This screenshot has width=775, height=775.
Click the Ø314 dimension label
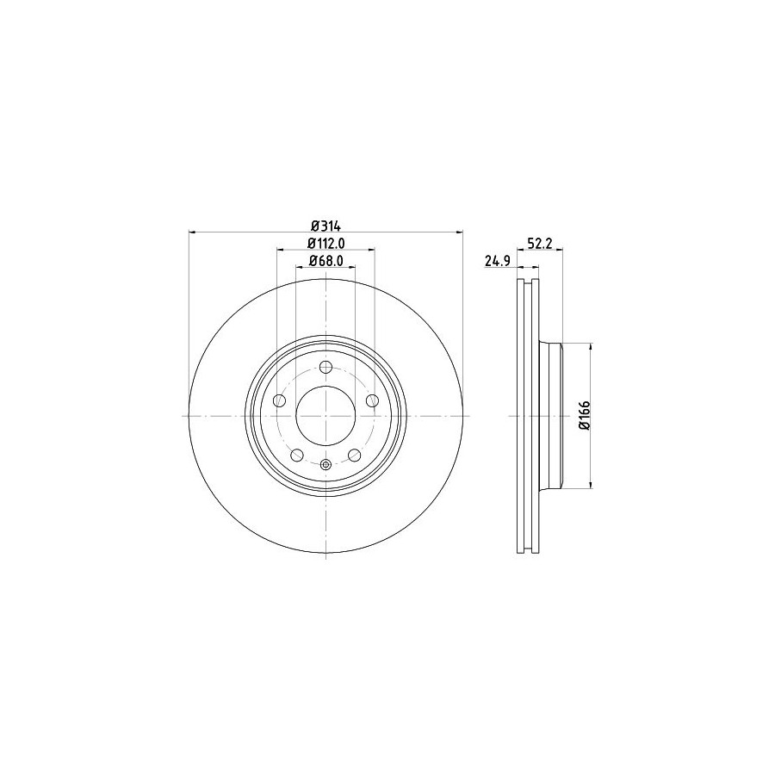click(325, 226)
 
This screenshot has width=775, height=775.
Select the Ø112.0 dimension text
click(325, 243)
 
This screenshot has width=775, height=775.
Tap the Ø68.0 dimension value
click(325, 260)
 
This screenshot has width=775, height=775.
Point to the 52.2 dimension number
click(539, 243)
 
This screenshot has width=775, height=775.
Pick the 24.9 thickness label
click(497, 261)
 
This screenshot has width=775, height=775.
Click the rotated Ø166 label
click(584, 416)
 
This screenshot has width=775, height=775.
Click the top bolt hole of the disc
click(325, 367)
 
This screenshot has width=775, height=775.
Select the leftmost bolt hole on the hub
click(280, 400)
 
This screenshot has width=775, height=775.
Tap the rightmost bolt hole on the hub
click(372, 400)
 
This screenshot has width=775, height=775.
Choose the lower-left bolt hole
click(297, 455)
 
